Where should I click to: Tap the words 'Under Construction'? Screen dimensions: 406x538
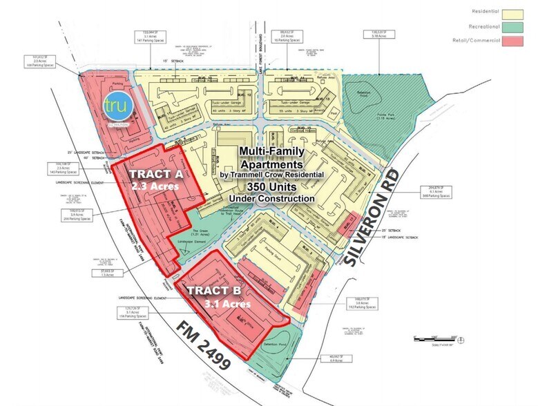click(x=278, y=199)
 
